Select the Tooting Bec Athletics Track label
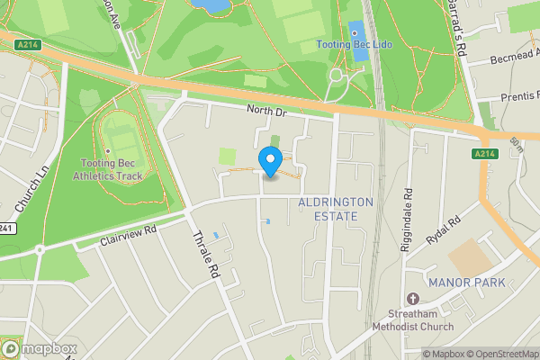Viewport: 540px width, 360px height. (112, 169)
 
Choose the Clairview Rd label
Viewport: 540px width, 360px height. (128, 235)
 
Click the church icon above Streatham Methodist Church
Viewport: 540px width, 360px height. (413, 298)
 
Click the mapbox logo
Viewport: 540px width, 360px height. (40, 349)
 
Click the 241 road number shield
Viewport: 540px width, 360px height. (6, 228)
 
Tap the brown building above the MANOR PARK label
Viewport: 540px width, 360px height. (471, 259)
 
